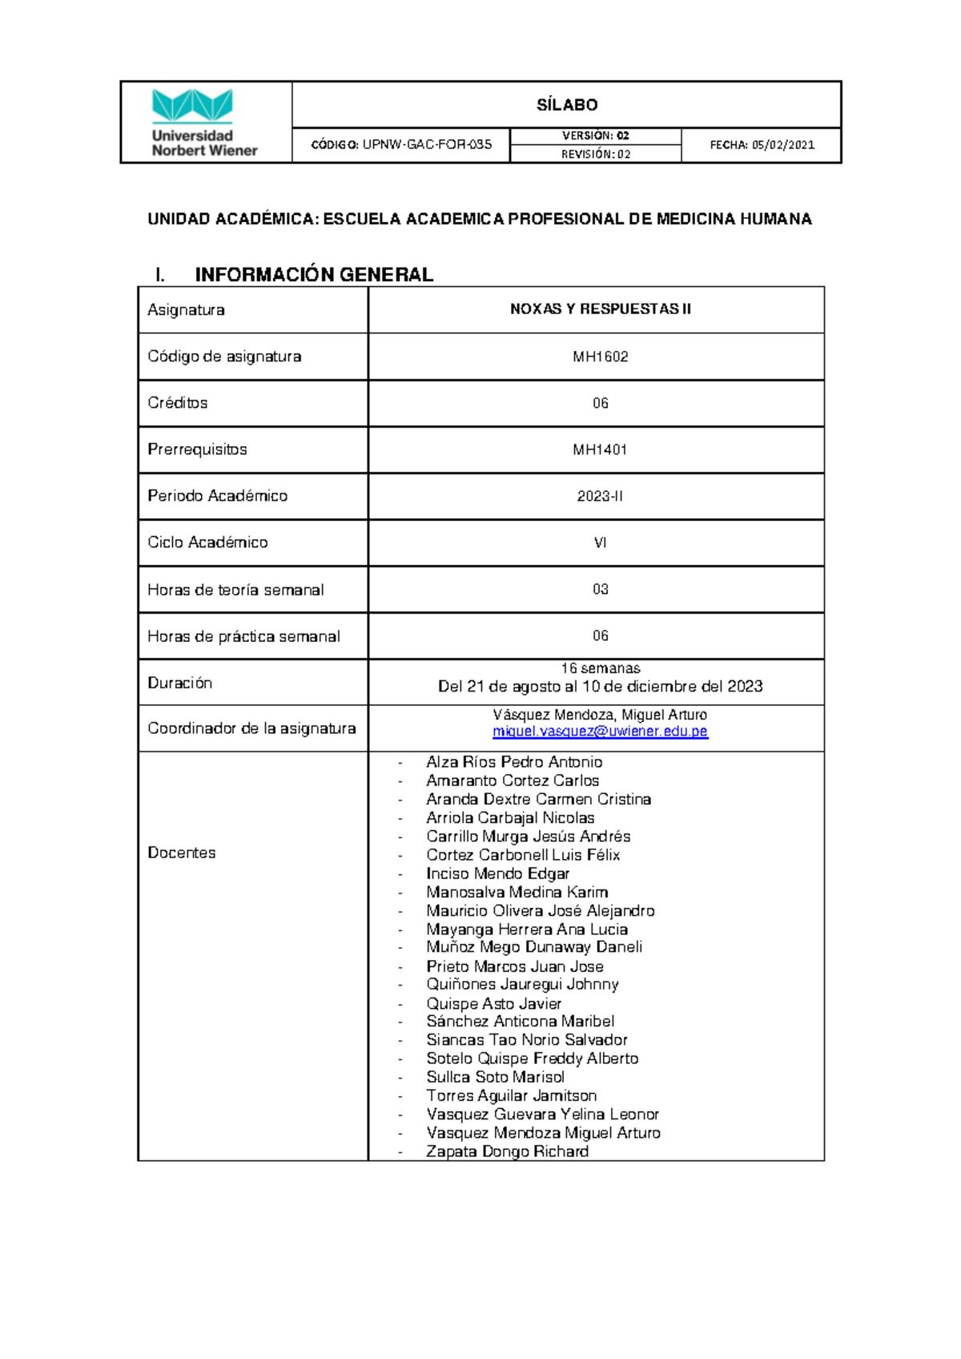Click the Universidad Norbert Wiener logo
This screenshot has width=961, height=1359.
pos(204,123)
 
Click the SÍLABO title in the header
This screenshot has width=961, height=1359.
pos(567,105)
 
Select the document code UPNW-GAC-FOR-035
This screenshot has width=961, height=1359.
pos(426,145)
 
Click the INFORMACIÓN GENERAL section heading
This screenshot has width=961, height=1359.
pos(314,275)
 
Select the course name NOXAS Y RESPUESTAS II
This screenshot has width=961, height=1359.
pos(600,309)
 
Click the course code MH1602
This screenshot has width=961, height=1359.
pos(600,357)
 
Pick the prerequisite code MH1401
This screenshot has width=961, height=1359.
pos(600,450)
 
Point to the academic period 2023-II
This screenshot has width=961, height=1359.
pos(600,496)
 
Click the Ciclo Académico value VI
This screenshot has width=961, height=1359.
pos(600,542)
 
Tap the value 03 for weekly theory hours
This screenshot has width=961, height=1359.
pos(600,589)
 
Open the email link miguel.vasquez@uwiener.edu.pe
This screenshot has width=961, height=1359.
pos(600,732)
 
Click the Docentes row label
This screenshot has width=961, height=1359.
pos(182,853)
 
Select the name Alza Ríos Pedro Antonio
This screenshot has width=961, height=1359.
pos(514,762)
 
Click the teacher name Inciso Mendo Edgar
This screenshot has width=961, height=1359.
pos(497,873)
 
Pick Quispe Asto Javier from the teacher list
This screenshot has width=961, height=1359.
pos(493,1003)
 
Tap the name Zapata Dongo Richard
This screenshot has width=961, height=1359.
pos(507,1151)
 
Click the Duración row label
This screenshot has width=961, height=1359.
pos(180,683)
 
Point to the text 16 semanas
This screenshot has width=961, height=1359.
pos(600,668)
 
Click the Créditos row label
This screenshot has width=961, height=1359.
pos(178,403)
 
